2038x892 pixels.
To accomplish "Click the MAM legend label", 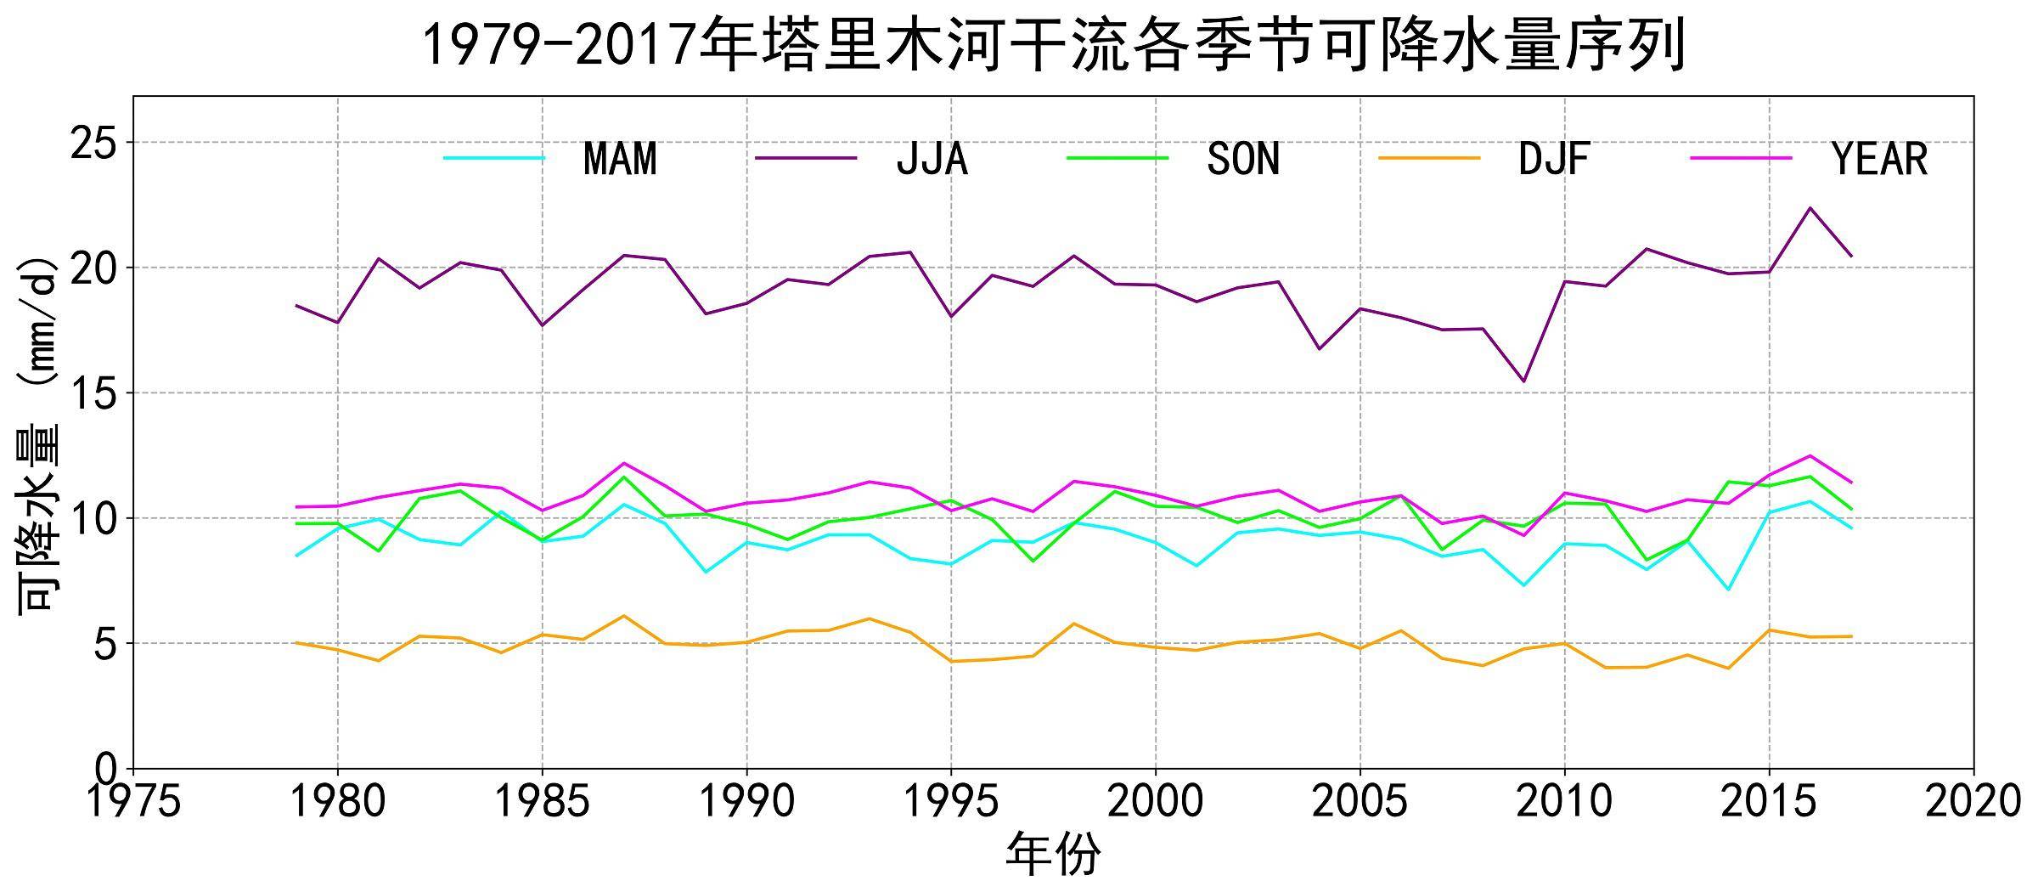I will tap(620, 159).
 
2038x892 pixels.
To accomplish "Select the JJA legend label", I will tap(932, 159).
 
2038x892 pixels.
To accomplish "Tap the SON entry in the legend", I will tap(1242, 159).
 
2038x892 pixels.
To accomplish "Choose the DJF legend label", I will tap(1554, 159).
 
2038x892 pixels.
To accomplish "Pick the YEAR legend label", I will tap(1880, 159).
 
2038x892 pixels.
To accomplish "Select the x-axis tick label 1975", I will tap(134, 800).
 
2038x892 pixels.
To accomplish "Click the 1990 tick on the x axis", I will tap(747, 800).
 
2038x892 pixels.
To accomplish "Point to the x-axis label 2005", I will tap(1360, 800).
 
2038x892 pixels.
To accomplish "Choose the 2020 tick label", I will tap(1972, 800).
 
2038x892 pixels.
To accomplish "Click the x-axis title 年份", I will tap(1053, 855).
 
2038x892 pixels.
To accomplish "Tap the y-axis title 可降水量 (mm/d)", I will tap(39, 433).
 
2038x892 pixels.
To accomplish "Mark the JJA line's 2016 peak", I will tap(1810, 207).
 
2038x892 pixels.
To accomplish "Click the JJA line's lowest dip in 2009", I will tap(1524, 381).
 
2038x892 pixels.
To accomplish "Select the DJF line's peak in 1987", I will tap(624, 615).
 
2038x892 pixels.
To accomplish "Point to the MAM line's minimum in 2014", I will tap(1728, 590).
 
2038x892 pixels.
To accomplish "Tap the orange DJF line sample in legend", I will tap(1428, 158).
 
